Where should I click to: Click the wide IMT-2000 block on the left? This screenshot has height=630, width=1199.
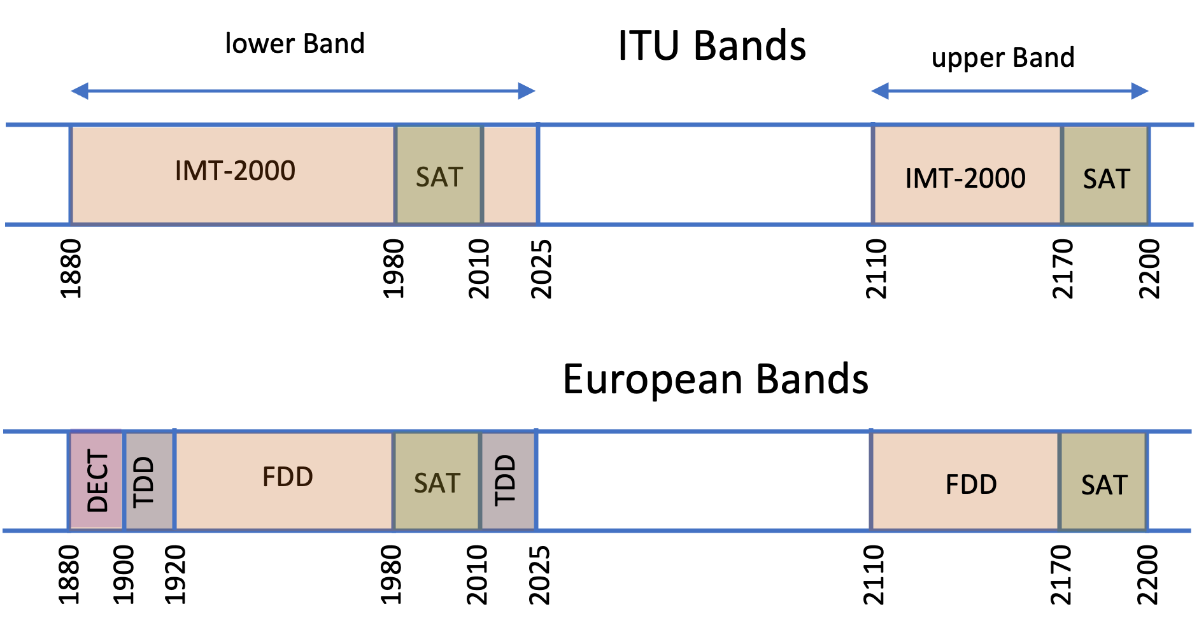click(x=233, y=174)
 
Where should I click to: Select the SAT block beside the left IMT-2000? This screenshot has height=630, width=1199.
click(x=439, y=175)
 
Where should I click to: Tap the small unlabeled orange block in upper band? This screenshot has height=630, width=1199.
click(x=510, y=175)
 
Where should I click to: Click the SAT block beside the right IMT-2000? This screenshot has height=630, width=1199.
click(x=1106, y=175)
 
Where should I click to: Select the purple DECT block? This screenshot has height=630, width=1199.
click(x=96, y=480)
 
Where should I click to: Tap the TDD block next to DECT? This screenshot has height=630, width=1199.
click(x=149, y=480)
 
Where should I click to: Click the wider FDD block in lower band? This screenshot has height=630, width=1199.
click(x=284, y=480)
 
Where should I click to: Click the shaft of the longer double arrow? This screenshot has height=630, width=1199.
click(x=302, y=91)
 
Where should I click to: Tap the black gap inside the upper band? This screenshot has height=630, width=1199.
click(x=705, y=175)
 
